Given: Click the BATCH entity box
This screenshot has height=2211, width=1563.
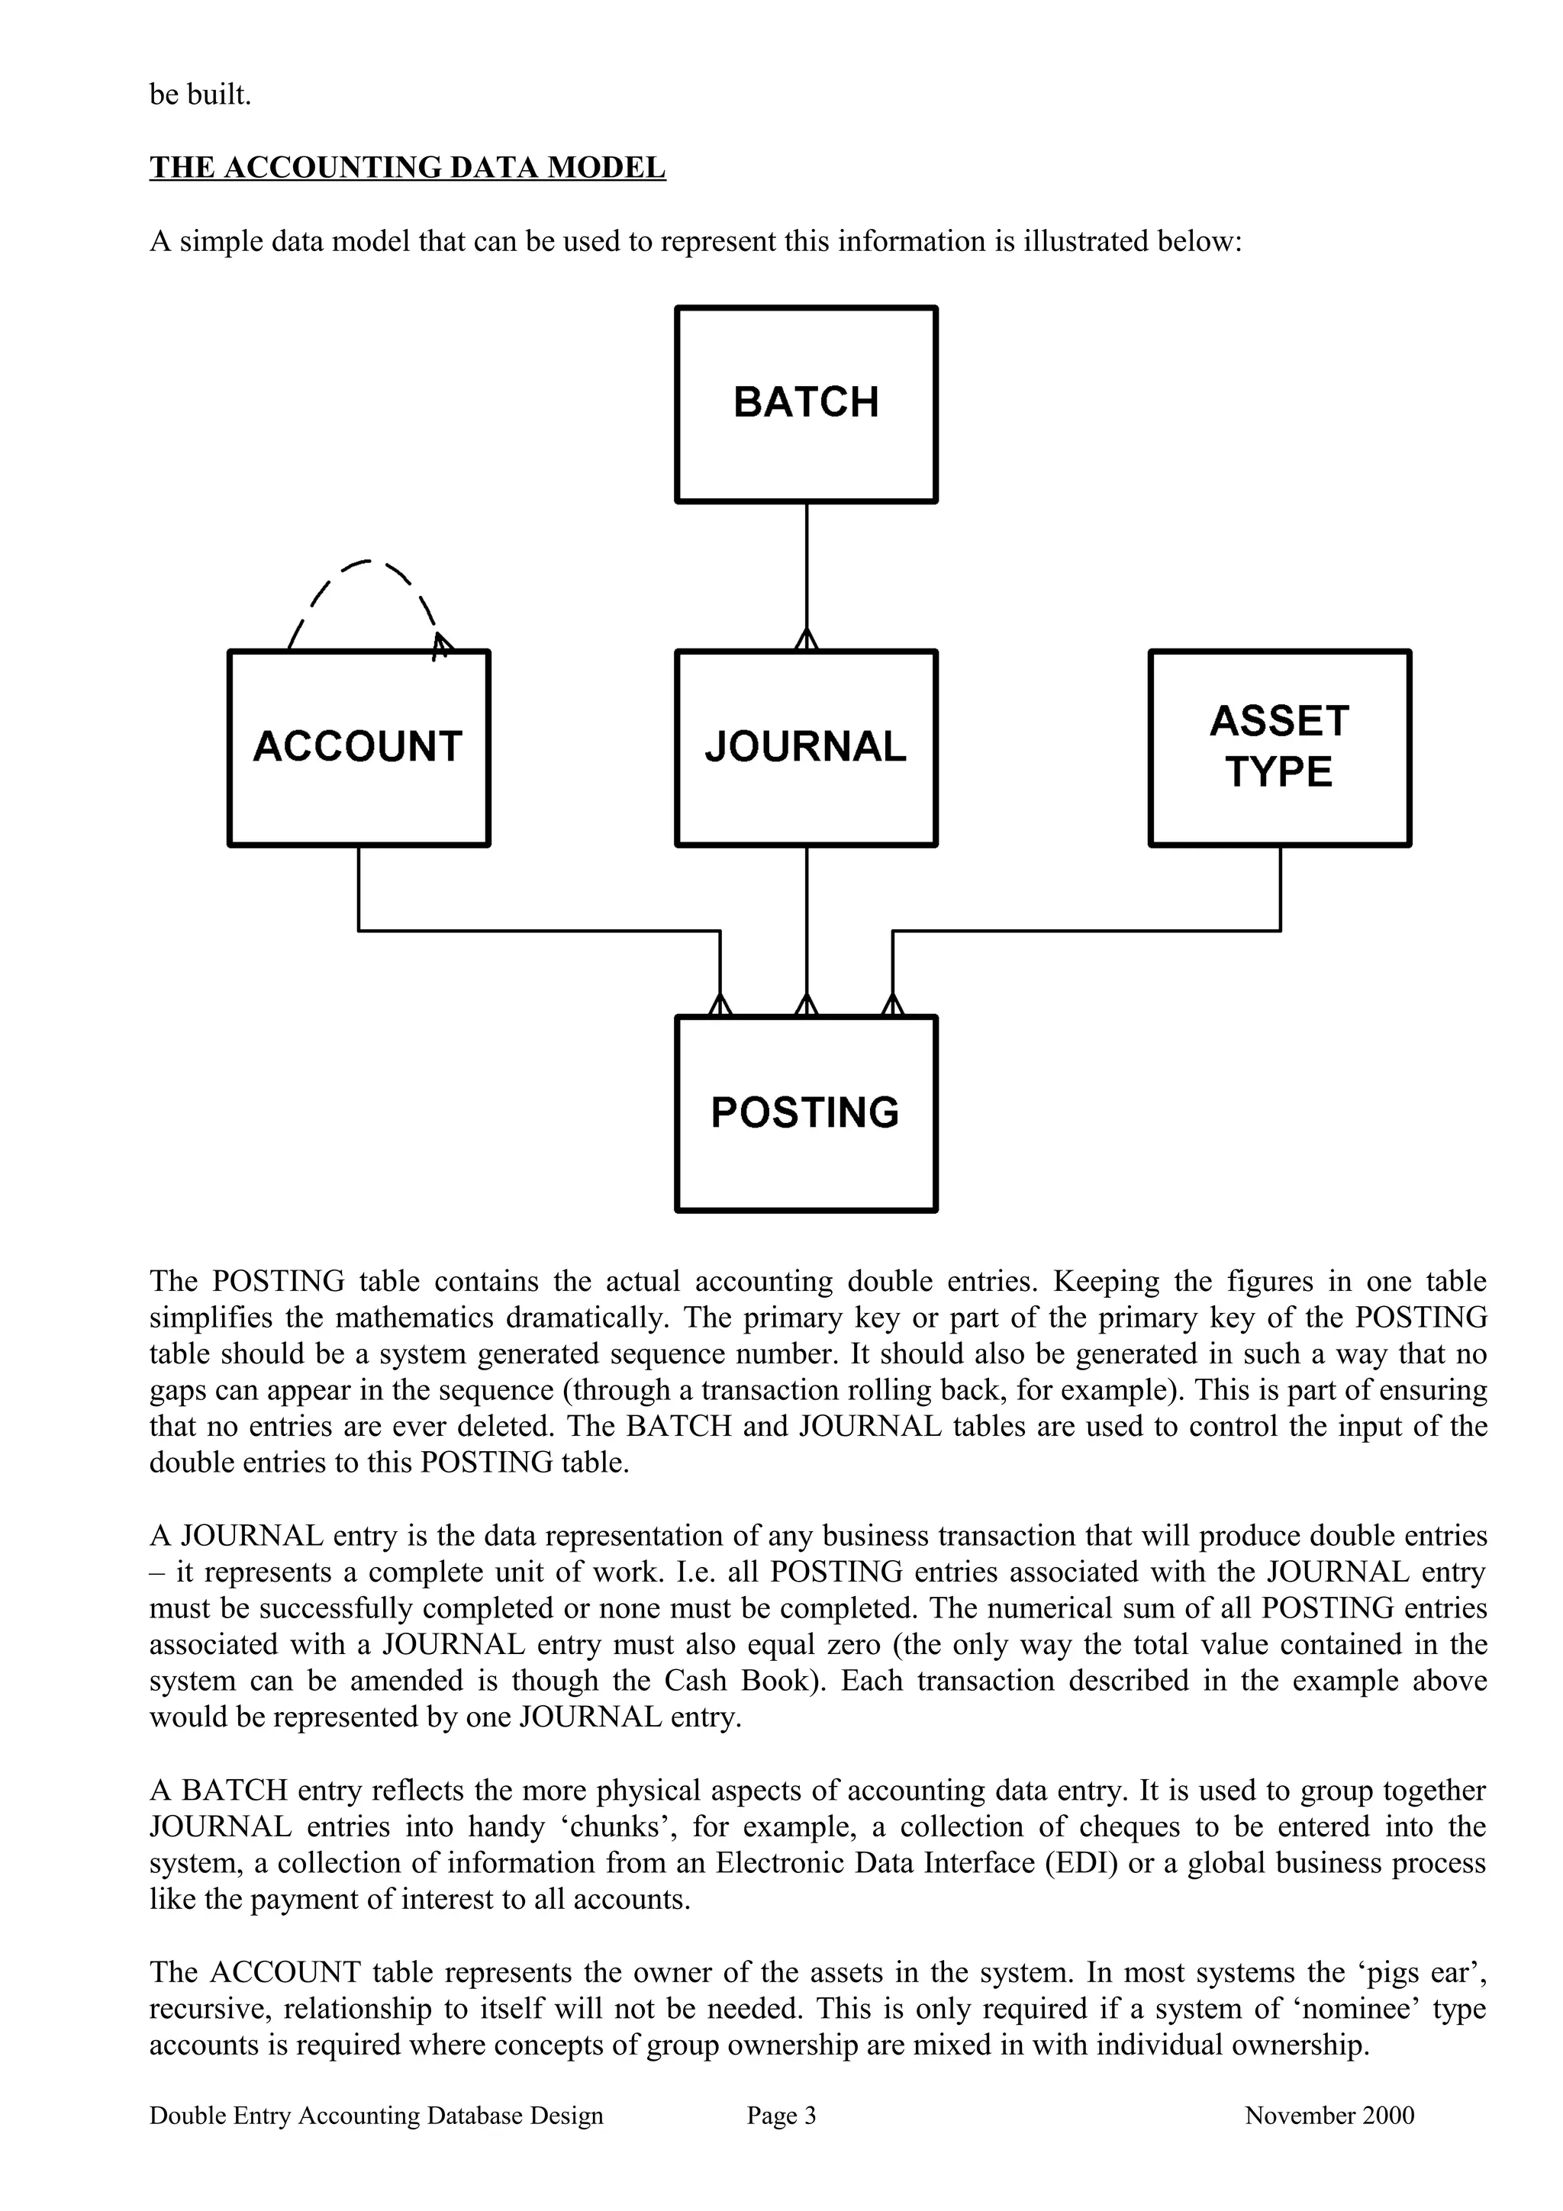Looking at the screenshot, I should [806, 404].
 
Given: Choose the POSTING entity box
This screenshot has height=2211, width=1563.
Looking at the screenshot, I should [806, 1113].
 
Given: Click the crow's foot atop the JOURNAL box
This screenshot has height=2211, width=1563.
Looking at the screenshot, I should [806, 639].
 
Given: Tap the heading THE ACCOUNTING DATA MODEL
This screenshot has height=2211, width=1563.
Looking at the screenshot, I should [408, 168].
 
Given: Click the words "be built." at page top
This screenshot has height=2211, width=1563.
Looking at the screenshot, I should [200, 95].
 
